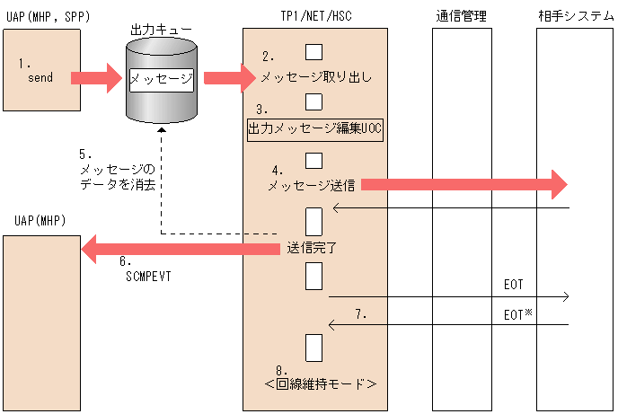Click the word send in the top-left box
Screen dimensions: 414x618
click(40, 78)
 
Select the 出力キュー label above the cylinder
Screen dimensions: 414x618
click(162, 31)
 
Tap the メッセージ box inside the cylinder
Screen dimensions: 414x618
click(162, 79)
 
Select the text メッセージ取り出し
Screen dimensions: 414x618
click(315, 78)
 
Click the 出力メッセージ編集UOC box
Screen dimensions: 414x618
click(315, 129)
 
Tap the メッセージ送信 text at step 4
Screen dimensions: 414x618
click(312, 186)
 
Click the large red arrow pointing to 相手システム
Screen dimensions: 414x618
click(463, 185)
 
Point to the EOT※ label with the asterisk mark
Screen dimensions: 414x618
click(516, 314)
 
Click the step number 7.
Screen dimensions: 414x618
click(361, 314)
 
